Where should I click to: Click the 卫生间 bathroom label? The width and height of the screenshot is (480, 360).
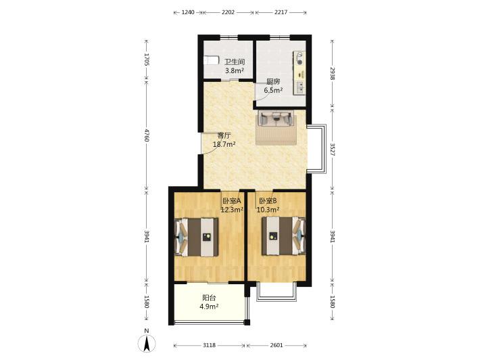(235, 62)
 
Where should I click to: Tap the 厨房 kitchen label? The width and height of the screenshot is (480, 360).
(273, 82)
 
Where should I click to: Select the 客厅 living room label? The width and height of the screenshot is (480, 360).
(224, 136)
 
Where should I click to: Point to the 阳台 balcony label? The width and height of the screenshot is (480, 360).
(210, 298)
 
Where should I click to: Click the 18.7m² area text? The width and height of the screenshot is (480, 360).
(224, 144)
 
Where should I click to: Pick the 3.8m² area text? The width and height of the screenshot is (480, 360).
(235, 71)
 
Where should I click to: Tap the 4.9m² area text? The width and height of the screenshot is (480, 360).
(210, 307)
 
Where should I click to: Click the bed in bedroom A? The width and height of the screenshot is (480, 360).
(197, 237)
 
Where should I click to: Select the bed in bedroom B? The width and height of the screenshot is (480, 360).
(283, 236)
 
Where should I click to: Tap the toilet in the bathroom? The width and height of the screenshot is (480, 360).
(212, 60)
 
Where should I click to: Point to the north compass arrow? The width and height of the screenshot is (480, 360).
(147, 343)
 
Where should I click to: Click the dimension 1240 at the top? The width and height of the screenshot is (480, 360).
(188, 12)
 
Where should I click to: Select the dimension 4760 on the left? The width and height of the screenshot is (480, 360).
(147, 135)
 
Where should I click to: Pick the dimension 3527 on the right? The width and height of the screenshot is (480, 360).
(333, 149)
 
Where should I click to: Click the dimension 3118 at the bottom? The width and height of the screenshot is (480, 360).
(209, 345)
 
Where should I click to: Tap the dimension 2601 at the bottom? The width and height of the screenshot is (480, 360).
(277, 345)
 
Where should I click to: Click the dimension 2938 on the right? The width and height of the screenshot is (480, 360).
(333, 74)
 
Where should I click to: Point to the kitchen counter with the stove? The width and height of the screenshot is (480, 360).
(299, 72)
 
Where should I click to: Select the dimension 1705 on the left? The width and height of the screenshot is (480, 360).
(147, 60)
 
